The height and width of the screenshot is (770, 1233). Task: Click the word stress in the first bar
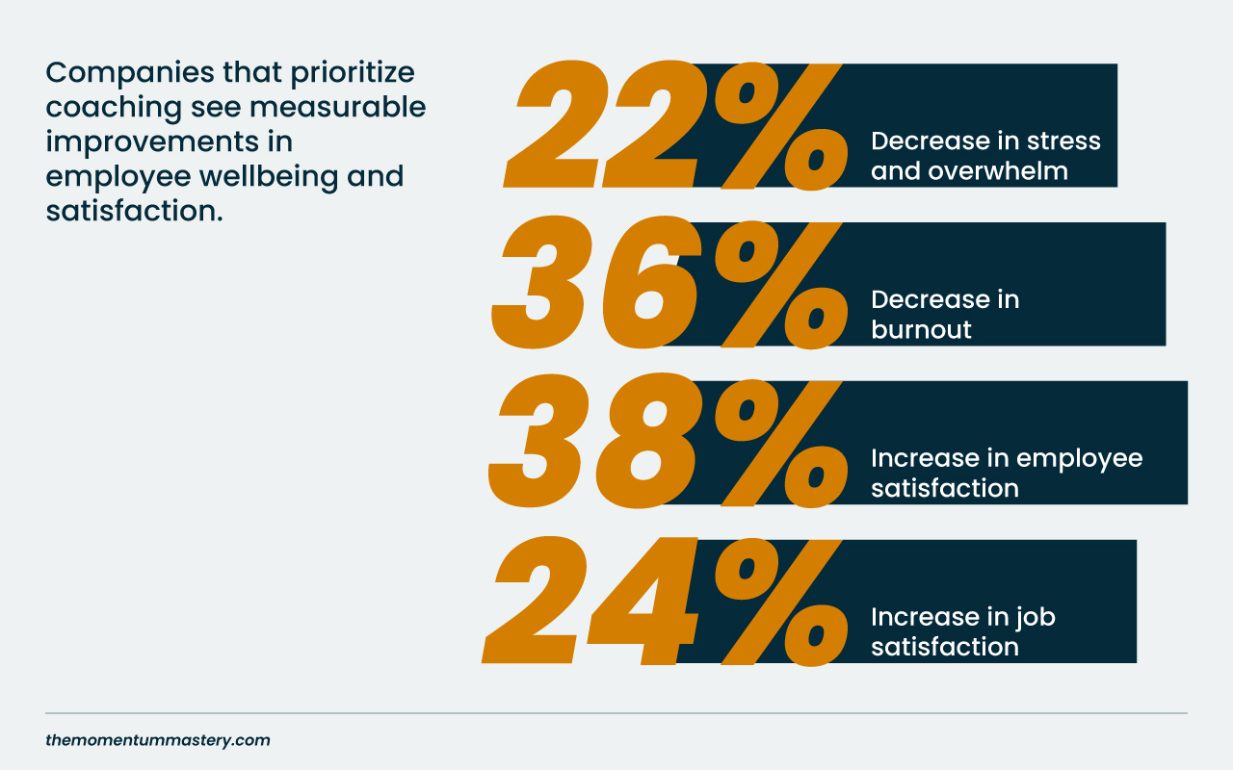click(1063, 141)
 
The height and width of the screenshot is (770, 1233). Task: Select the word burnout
click(921, 329)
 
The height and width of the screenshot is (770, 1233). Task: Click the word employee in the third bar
click(1079, 457)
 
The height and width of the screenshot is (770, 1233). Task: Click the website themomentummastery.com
click(158, 740)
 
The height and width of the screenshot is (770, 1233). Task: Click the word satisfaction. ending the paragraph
click(134, 211)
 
